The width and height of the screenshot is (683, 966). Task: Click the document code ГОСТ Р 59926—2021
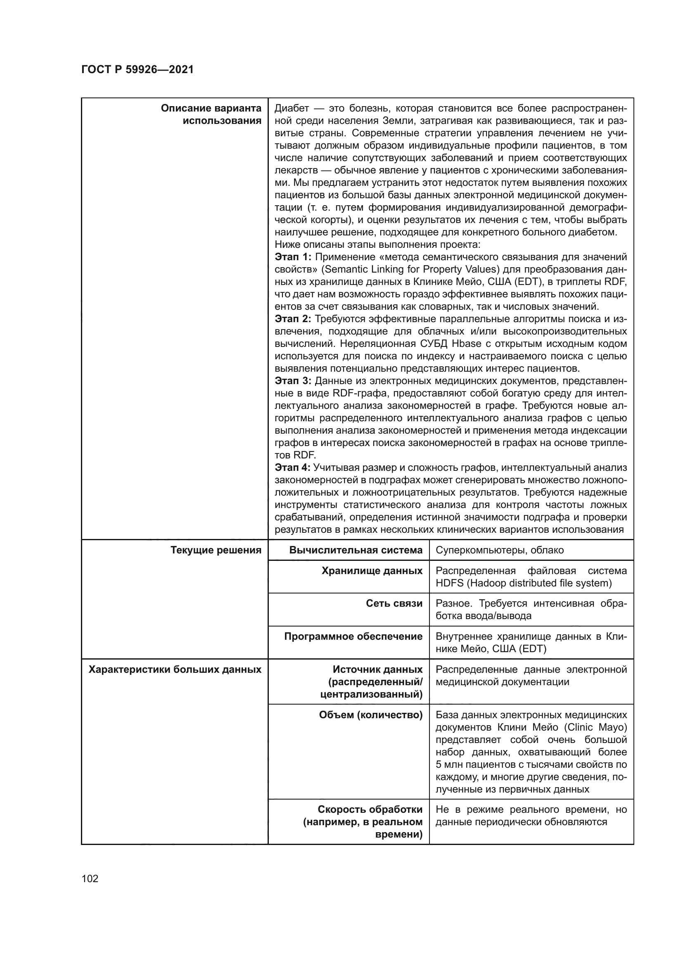pos(137,70)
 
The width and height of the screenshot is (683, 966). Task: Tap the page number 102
pos(90,878)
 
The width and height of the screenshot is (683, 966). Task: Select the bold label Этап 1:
pos(293,257)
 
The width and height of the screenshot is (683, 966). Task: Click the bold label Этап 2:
pos(293,319)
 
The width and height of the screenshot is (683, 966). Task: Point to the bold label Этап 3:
pos(293,381)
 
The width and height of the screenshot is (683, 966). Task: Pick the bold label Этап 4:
pos(292,468)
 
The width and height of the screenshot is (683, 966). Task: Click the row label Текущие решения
pos(216,550)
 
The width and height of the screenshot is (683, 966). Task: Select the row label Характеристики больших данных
pos(175,669)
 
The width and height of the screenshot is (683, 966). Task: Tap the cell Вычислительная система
pos(356,550)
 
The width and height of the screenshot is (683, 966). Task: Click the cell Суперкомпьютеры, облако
pos(500,550)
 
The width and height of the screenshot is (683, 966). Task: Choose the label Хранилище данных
pos(372,570)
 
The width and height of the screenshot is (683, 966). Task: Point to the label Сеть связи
pos(394,603)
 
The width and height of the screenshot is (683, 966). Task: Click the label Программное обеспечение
pos(353,636)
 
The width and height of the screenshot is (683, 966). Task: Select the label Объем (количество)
pos(370,715)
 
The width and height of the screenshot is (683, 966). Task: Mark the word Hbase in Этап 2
pos(466,344)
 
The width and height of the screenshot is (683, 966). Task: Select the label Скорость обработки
pos(370,809)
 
